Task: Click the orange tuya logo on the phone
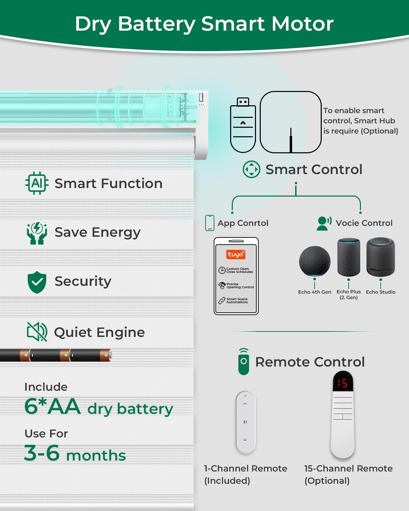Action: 236,254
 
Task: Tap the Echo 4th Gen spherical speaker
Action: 315,261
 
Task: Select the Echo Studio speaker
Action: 380,257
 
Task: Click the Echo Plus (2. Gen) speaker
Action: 349,257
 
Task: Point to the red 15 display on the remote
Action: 343,383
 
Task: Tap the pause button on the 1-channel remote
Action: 245,422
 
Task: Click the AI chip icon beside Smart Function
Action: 37,183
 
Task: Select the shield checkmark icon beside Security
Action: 37,282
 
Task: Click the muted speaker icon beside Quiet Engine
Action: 37,332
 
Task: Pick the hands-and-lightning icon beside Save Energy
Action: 37,233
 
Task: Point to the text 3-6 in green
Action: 42,453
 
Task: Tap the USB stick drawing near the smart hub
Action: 243,125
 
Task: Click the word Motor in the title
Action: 303,24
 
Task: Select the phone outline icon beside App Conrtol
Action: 210,223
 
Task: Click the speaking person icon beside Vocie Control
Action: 324,223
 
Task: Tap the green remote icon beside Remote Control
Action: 244,362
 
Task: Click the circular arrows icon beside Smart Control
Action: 251,169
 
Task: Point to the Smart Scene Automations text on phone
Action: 237,300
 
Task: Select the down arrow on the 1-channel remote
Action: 245,440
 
